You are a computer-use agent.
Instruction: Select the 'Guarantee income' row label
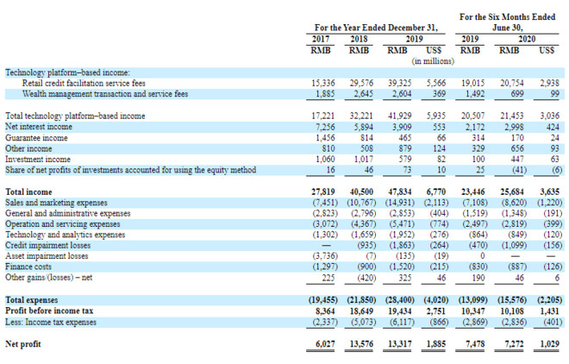click(x=37, y=137)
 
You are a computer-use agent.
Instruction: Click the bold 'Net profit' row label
click(x=25, y=343)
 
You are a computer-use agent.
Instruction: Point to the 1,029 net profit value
click(x=546, y=343)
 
